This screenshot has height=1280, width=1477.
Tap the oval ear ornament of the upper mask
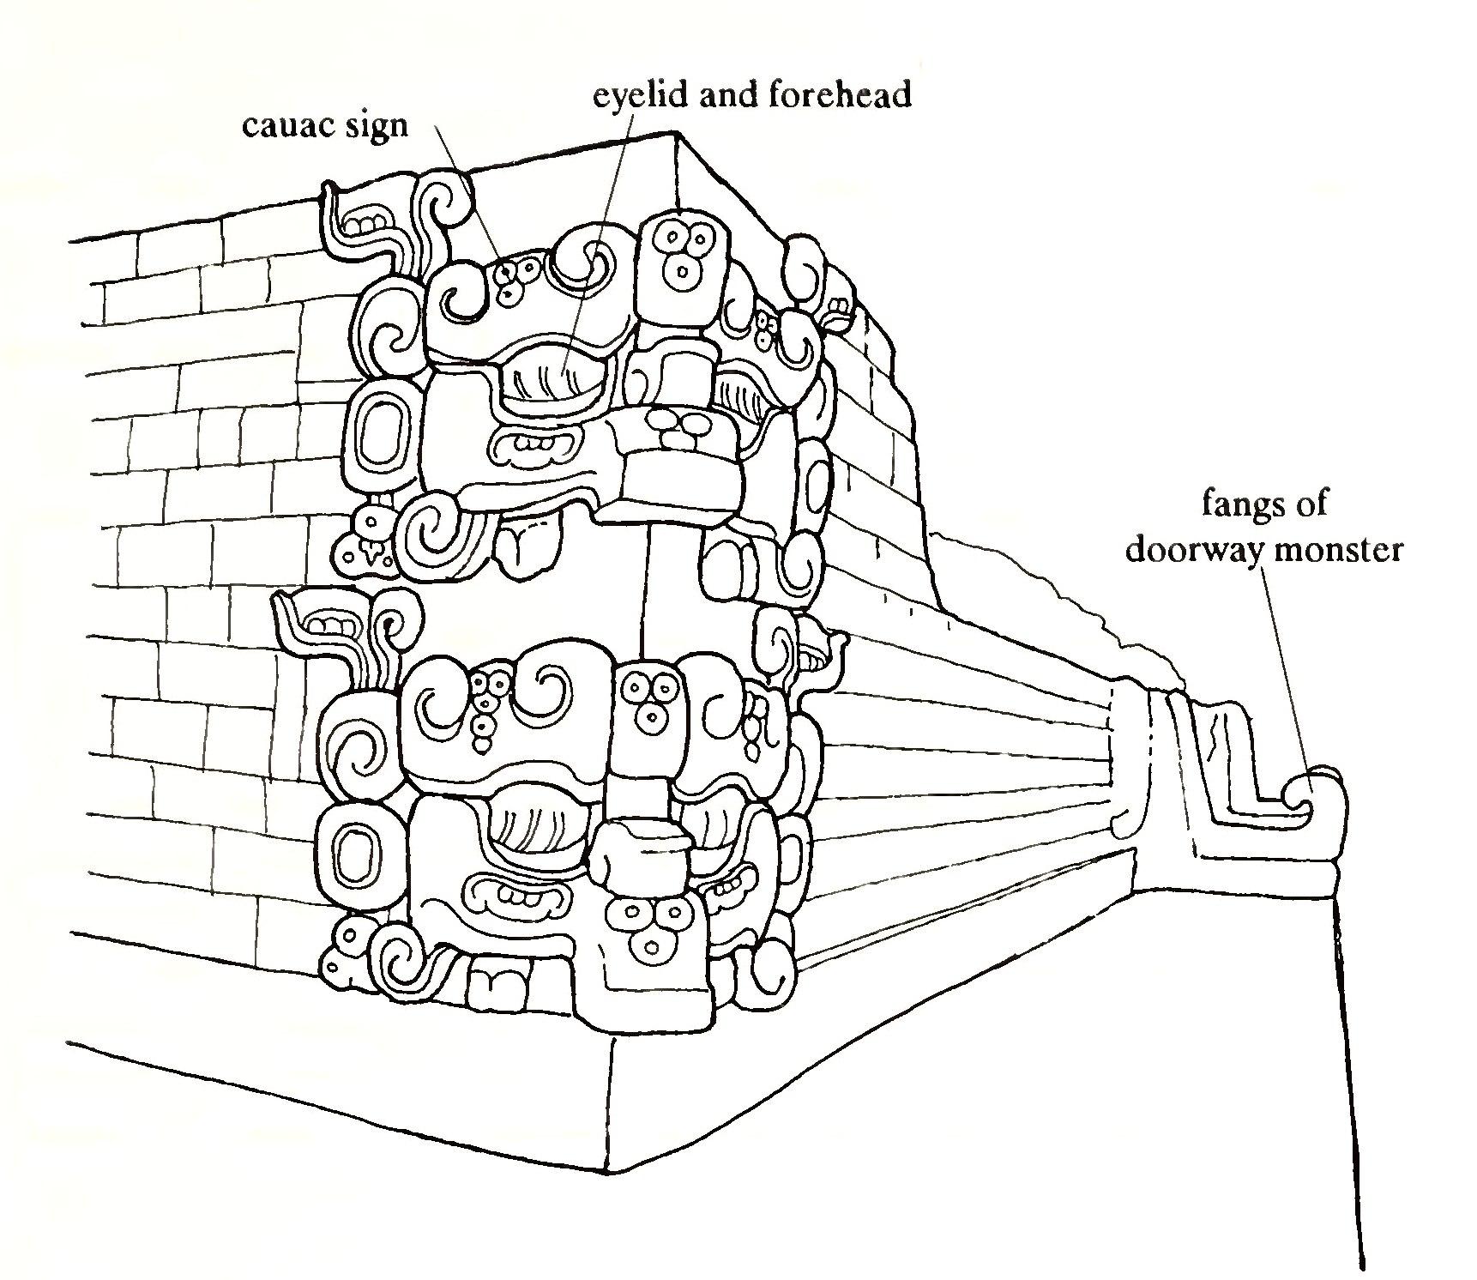372,435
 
